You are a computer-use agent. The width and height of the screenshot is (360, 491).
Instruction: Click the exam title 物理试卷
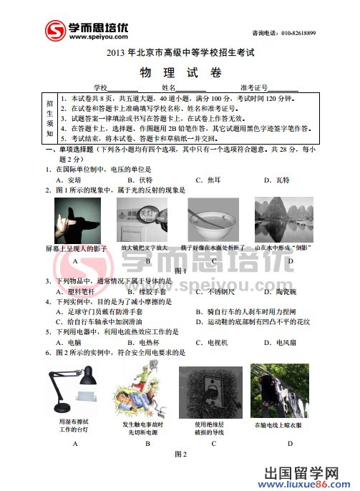pos(180,72)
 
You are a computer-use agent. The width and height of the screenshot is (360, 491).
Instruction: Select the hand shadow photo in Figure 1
pos(75,220)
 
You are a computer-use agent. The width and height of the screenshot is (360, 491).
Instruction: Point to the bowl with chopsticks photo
pos(213,220)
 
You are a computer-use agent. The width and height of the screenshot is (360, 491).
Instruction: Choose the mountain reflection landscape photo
pos(284,220)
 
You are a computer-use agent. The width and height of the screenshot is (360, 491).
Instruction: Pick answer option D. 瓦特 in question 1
pos(283,181)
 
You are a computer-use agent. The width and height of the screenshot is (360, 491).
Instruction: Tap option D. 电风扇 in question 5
pos(283,343)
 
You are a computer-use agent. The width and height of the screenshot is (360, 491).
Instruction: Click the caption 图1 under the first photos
pos(180,271)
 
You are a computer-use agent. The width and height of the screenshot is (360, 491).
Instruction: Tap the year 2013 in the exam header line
pos(115,52)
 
